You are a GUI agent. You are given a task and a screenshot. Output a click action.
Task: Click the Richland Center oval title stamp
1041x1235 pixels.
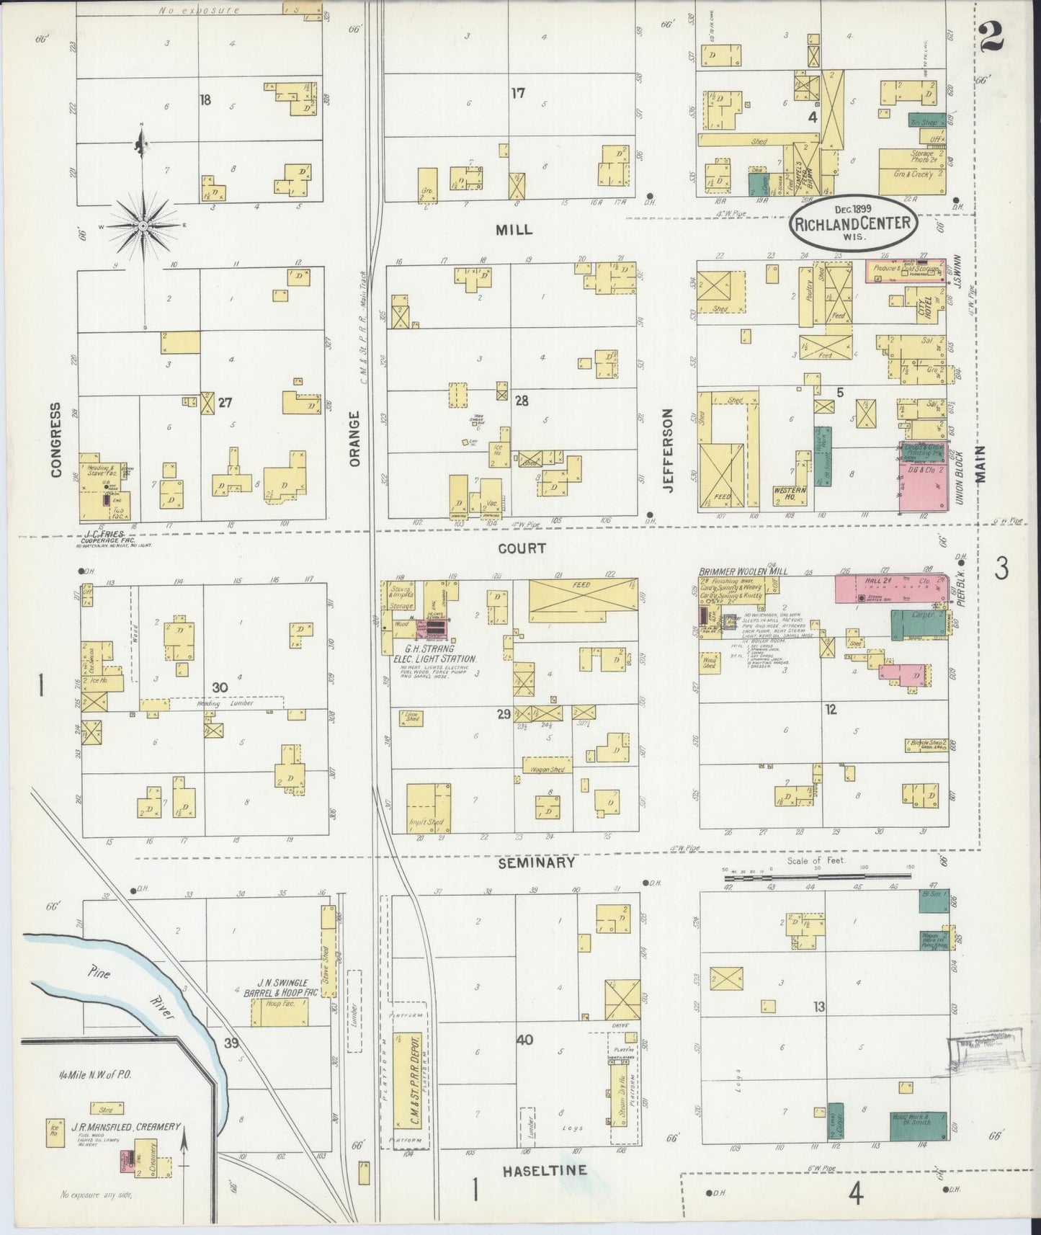pyautogui.click(x=854, y=223)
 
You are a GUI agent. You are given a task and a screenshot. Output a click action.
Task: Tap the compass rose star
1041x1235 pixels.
pyautogui.click(x=143, y=226)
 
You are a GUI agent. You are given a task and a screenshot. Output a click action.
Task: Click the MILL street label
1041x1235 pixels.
pyautogui.click(x=514, y=230)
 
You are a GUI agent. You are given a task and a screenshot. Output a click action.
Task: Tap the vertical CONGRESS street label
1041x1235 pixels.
pyautogui.click(x=56, y=440)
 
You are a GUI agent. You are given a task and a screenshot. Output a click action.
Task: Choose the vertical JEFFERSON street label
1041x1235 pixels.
pyautogui.click(x=668, y=450)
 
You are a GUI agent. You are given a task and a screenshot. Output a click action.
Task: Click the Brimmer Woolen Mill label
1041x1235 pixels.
pyautogui.click(x=743, y=571)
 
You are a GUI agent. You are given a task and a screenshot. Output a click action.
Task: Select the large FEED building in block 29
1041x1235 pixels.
pyautogui.click(x=583, y=599)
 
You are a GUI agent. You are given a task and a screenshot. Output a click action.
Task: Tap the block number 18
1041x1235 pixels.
pyautogui.click(x=205, y=100)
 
